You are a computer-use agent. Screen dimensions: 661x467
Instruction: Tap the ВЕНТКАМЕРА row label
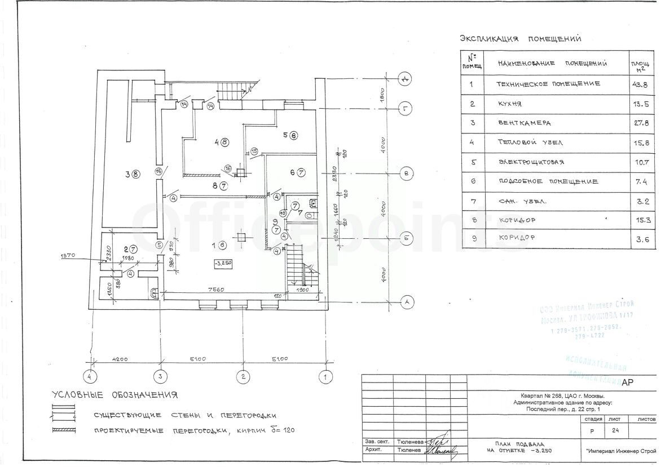click(524, 123)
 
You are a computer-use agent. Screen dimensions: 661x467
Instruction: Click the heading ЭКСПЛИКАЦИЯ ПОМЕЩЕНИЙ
click(521, 39)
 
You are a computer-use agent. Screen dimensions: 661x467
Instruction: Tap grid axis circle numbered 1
click(325, 376)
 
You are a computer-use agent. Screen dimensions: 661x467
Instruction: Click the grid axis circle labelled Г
click(405, 108)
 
